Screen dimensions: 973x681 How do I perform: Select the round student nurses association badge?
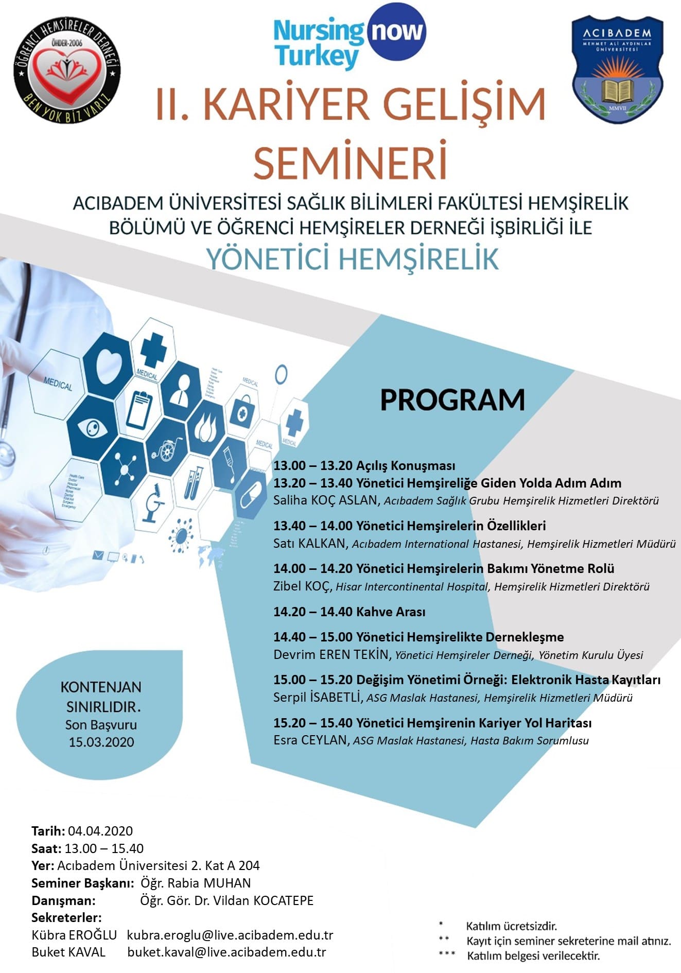(x=66, y=67)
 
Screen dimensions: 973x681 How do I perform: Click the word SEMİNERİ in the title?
(x=350, y=163)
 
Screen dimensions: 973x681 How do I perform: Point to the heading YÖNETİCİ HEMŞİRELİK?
(x=353, y=258)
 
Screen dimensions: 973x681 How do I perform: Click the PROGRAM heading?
(x=452, y=400)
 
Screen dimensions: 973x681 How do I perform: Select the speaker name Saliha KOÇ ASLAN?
(x=326, y=500)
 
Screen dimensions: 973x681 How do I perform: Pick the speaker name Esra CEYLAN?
(x=310, y=740)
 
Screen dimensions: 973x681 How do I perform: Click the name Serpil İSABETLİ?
(x=317, y=697)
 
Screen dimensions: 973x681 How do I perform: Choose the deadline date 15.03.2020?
(x=101, y=742)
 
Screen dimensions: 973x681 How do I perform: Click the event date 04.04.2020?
(x=100, y=831)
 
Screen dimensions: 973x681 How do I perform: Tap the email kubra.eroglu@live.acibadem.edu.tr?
(x=230, y=935)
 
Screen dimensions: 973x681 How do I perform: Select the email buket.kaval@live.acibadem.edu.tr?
(x=226, y=952)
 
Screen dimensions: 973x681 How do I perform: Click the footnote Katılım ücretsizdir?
(x=511, y=926)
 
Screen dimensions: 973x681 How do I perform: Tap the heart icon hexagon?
(x=109, y=363)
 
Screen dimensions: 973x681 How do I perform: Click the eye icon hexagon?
(x=93, y=428)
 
